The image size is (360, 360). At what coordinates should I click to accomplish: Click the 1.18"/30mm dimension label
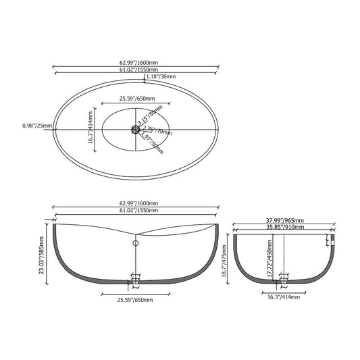coord(161,77)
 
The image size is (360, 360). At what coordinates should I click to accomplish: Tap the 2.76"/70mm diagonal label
coord(153,129)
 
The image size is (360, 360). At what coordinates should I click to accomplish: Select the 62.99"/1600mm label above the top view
coord(138,63)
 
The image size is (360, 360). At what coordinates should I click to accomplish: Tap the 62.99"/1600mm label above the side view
coord(138,203)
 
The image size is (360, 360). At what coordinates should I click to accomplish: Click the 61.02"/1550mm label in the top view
coord(138,70)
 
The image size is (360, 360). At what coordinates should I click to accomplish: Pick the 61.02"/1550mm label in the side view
coord(138,210)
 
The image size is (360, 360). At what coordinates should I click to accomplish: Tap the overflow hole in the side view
coord(135,242)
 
